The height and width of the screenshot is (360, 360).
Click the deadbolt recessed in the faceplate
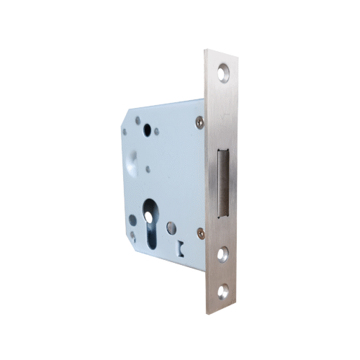point(224,181)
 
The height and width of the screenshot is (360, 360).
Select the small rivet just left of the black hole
point(137,132)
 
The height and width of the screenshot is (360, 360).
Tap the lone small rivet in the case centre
point(147,171)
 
